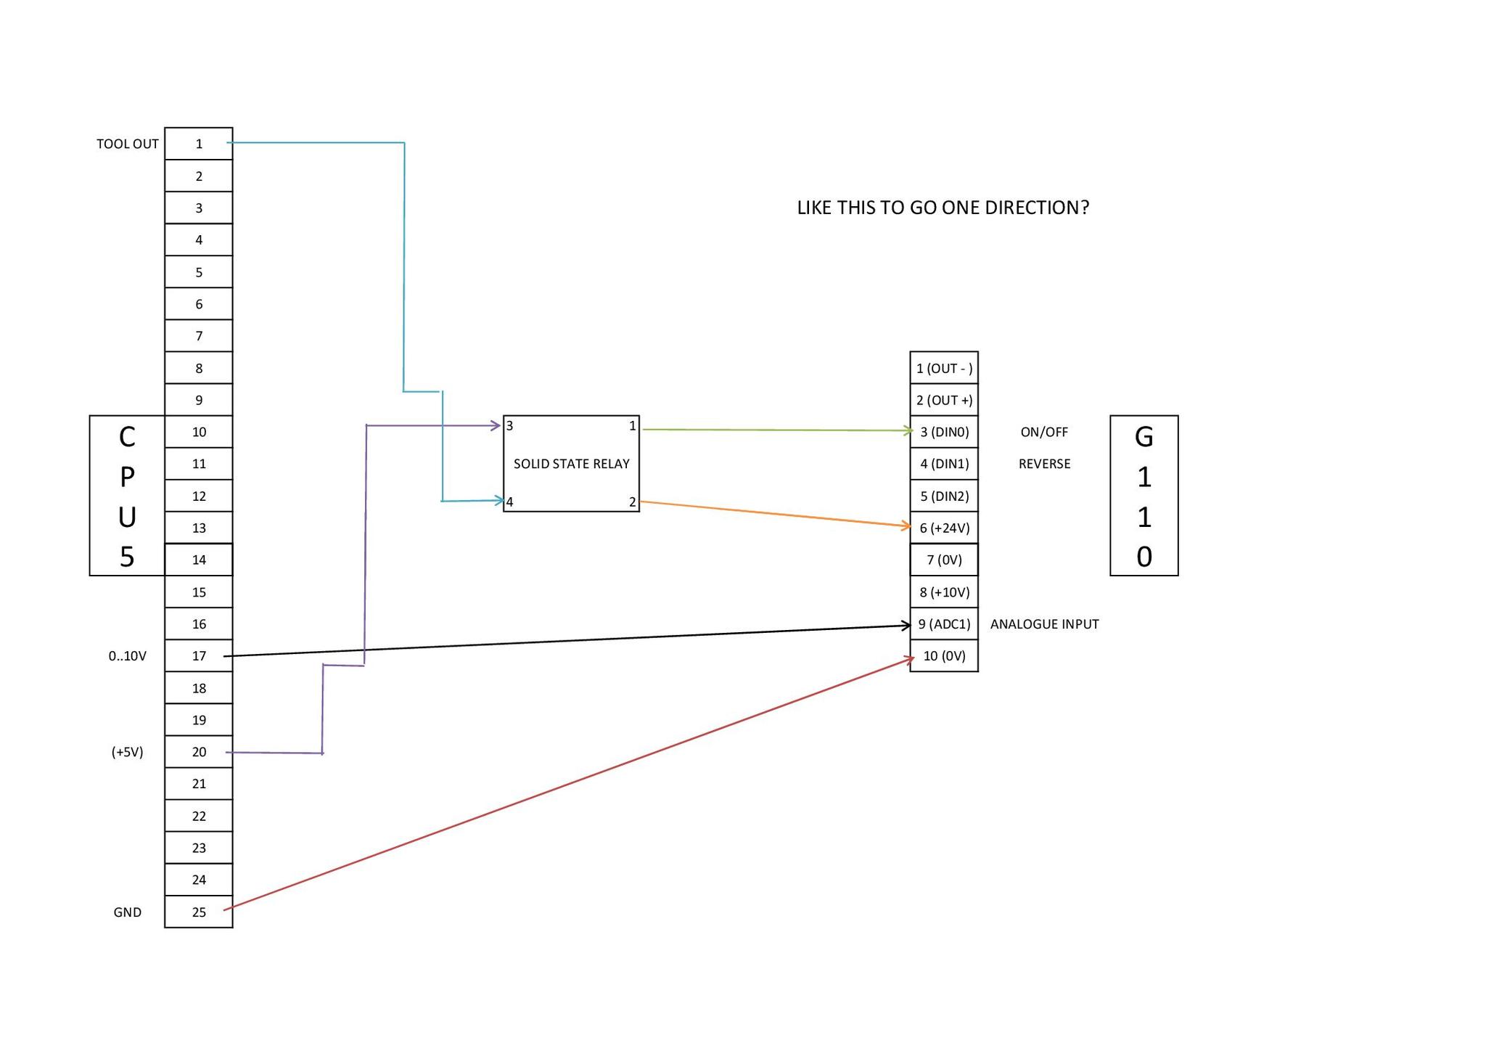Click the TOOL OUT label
click(x=128, y=144)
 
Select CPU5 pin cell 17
click(x=199, y=656)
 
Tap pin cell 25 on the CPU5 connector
click(x=199, y=912)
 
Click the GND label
click(x=128, y=912)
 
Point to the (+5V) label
click(x=128, y=752)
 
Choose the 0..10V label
click(x=128, y=656)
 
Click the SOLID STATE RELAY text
click(x=571, y=464)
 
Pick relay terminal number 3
click(x=510, y=426)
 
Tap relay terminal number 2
click(x=632, y=502)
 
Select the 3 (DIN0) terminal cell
click(x=944, y=432)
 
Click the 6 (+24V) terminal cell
click(x=944, y=528)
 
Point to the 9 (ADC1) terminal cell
click(x=944, y=624)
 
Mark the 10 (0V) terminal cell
click(x=944, y=656)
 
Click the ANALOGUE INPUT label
click(x=1044, y=624)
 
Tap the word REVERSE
click(x=1044, y=464)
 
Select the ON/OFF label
click(x=1044, y=432)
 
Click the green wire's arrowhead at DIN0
click(x=909, y=431)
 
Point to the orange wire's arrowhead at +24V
click(x=907, y=525)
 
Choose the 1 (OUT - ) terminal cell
click(x=944, y=368)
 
